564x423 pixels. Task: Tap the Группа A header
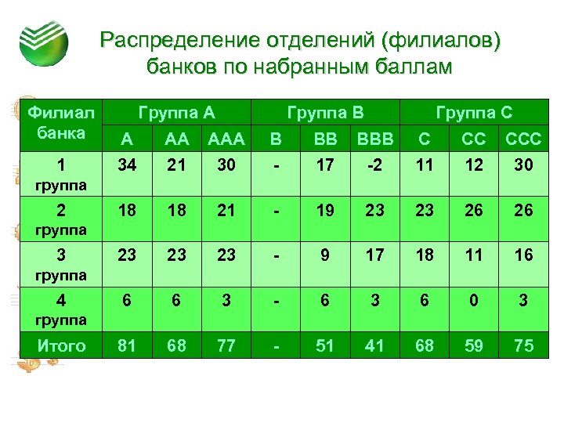[176, 111]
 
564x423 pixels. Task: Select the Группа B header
[325, 111]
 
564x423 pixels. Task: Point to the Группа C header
[474, 111]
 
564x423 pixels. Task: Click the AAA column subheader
[226, 140]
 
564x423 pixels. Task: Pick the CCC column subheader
[522, 140]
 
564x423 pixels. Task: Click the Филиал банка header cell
[61, 123]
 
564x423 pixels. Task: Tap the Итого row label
[61, 346]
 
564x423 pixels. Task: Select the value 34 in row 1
[125, 167]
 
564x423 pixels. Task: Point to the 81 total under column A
[125, 346]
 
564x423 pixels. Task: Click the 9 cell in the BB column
[324, 255]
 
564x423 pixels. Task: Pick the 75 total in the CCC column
[522, 346]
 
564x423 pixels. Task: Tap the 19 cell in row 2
[324, 211]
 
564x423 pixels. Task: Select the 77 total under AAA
[226, 346]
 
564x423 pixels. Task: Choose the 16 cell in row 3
[522, 255]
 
